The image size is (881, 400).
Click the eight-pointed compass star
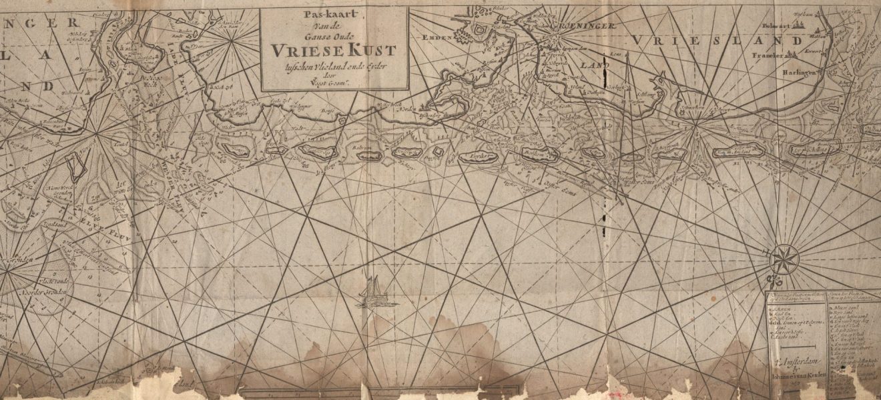click(x=784, y=259)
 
